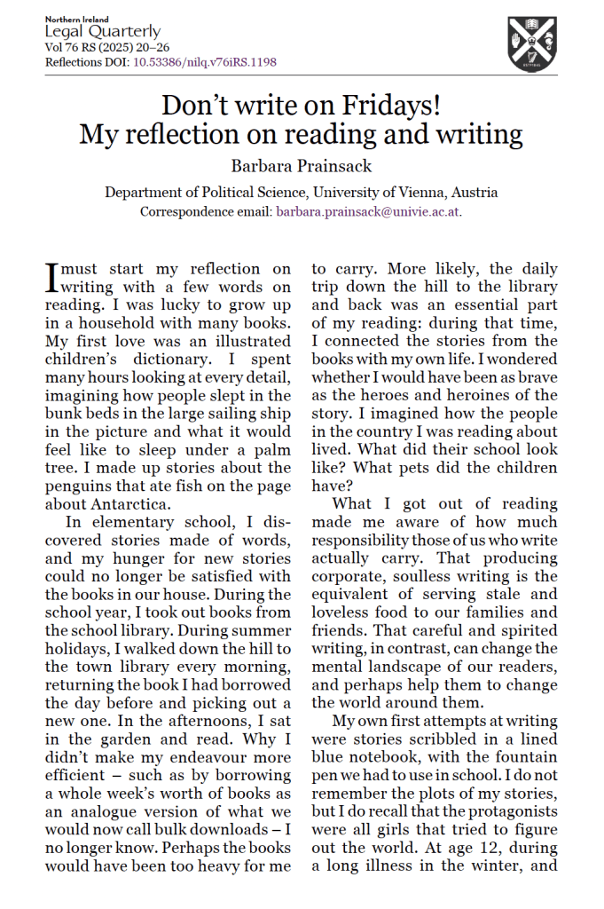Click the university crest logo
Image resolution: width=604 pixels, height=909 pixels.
pyautogui.click(x=532, y=43)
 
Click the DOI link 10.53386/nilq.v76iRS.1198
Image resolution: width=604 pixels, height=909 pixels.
pyautogui.click(x=204, y=62)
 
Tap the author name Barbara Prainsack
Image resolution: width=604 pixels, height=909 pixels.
pyautogui.click(x=301, y=165)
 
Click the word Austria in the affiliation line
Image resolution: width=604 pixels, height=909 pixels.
pyautogui.click(x=474, y=192)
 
